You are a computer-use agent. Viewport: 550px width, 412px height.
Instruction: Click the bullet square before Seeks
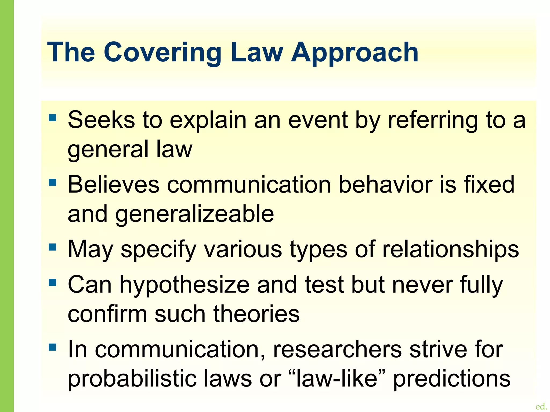(x=53, y=118)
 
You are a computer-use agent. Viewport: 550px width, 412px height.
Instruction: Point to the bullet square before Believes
(x=53, y=183)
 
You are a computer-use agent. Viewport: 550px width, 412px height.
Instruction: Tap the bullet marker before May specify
(x=53, y=247)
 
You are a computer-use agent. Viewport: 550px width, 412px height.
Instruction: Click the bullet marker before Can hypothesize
(x=53, y=282)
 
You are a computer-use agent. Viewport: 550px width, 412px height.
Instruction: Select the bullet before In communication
(x=53, y=347)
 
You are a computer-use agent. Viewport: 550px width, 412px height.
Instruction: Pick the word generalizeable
(x=195, y=215)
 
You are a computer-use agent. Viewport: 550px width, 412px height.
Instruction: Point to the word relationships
(x=450, y=250)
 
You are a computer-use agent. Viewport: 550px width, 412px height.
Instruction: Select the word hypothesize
(x=184, y=285)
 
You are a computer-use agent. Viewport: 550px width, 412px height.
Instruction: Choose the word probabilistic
(x=132, y=379)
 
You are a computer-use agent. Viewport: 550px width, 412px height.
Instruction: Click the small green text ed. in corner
(x=541, y=406)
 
